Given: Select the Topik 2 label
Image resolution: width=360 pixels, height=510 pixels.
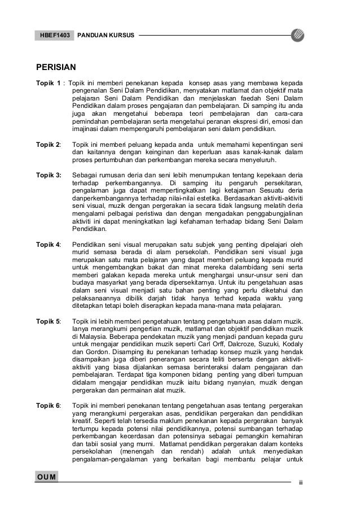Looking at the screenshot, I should [x=49, y=145].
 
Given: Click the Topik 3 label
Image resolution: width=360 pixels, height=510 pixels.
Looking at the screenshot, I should [x=50, y=176].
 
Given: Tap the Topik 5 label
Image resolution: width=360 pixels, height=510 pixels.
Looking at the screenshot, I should [x=49, y=321].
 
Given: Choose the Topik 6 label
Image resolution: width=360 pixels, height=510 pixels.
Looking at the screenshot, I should [x=49, y=406].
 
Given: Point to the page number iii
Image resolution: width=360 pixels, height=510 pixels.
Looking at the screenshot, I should [x=300, y=484].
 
